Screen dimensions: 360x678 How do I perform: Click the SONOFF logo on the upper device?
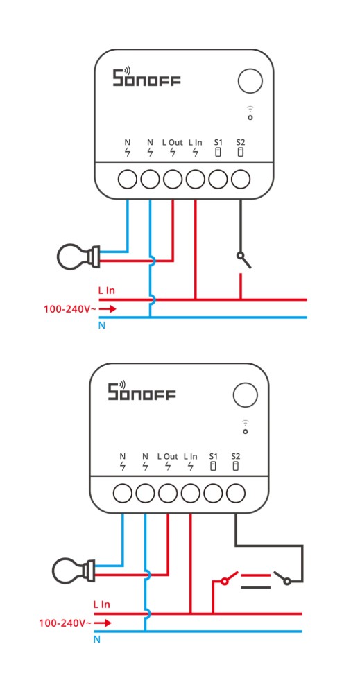[146, 76]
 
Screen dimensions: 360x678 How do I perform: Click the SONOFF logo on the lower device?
[141, 390]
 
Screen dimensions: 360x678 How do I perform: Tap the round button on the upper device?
[250, 81]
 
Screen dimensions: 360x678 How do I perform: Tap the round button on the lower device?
[246, 394]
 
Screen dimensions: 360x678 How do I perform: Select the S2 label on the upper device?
[241, 142]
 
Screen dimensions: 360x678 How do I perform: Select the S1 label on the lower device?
[213, 455]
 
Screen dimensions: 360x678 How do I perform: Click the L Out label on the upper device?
[173, 142]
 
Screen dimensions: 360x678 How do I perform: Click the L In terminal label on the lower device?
[190, 455]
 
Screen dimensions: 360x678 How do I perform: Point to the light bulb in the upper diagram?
[78, 257]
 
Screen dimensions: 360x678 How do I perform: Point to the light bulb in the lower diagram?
[73, 571]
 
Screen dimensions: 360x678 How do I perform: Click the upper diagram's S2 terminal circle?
[241, 179]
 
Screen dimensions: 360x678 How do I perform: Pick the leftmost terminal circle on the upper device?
[127, 179]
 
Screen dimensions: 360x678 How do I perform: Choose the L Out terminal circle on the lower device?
[167, 493]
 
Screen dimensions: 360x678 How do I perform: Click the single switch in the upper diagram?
[243, 261]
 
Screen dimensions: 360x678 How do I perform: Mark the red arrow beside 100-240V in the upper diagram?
[110, 308]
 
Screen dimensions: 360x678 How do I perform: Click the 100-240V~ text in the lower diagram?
[65, 623]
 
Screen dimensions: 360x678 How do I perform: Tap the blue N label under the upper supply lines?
[102, 326]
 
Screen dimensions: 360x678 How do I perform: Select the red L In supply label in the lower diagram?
[102, 604]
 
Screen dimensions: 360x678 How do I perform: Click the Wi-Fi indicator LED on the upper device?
[250, 117]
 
